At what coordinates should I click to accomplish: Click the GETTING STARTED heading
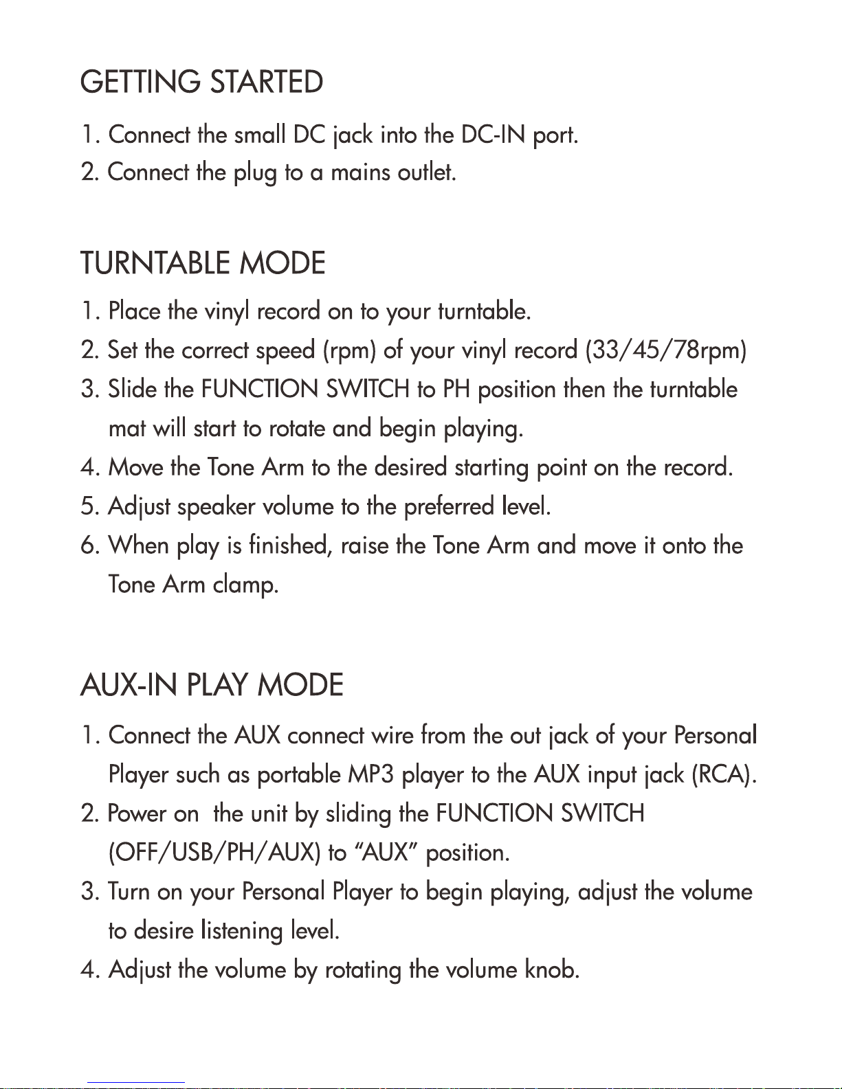(x=201, y=82)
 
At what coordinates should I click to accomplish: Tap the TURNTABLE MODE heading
(x=203, y=264)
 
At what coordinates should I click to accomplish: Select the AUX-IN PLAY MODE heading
(x=212, y=686)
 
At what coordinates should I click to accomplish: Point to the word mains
(x=361, y=172)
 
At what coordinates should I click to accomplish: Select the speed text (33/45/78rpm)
(x=665, y=350)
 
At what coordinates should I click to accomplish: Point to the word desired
(x=410, y=468)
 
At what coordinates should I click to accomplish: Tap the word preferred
(x=449, y=508)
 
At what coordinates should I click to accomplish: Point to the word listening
(x=242, y=931)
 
